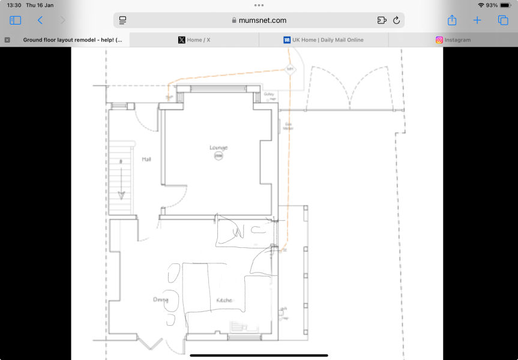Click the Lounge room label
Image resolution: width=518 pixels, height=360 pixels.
218,148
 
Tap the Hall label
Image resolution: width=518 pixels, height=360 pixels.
146,160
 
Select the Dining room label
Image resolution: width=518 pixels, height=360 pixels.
160,299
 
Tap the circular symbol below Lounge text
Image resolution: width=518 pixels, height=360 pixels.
218,156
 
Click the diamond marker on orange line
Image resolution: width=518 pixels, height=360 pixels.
290,69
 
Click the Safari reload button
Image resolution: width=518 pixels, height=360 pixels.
396,20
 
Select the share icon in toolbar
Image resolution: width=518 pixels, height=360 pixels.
452,20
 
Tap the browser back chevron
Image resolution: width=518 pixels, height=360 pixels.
40,20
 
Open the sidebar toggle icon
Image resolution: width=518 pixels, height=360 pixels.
16,20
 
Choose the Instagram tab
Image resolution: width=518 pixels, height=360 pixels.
453,40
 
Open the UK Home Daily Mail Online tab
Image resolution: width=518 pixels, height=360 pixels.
324,40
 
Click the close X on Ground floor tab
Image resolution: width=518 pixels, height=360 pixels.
7,40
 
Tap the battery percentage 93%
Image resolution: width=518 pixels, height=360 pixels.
492,5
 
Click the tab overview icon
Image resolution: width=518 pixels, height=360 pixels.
503,20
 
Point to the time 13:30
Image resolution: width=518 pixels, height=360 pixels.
14,5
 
